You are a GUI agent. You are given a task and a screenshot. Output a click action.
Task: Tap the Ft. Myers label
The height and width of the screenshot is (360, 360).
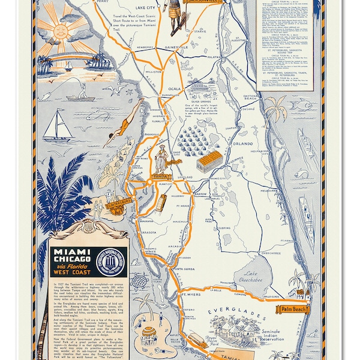point(190,295)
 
